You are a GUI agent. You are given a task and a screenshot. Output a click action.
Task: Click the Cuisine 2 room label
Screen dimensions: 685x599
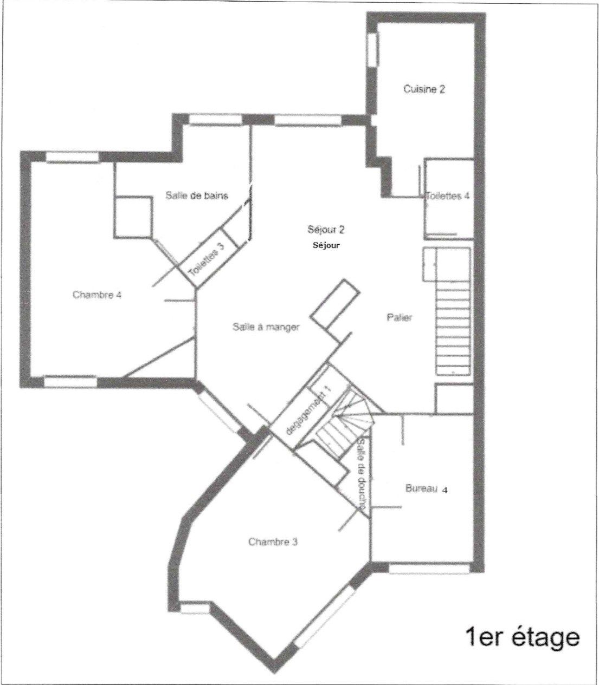tap(424, 89)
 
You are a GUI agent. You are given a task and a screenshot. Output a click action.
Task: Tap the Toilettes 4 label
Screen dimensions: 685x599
tap(447, 196)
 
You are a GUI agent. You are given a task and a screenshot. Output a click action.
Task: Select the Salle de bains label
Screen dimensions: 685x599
tap(197, 195)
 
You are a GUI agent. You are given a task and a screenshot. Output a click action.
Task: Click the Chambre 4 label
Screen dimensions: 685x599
tap(97, 295)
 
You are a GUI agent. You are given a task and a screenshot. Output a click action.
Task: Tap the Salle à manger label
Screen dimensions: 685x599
tap(266, 327)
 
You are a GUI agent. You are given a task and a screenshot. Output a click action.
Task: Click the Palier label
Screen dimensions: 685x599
tap(400, 317)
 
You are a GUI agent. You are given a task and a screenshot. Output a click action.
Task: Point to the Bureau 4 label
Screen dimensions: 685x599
tap(426, 489)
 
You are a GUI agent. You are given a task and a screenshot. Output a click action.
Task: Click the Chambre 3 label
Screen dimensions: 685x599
tap(273, 542)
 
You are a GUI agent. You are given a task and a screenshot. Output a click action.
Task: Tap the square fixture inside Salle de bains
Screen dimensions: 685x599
tap(133, 217)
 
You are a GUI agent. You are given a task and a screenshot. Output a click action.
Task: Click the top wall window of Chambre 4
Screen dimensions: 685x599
tap(72, 157)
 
